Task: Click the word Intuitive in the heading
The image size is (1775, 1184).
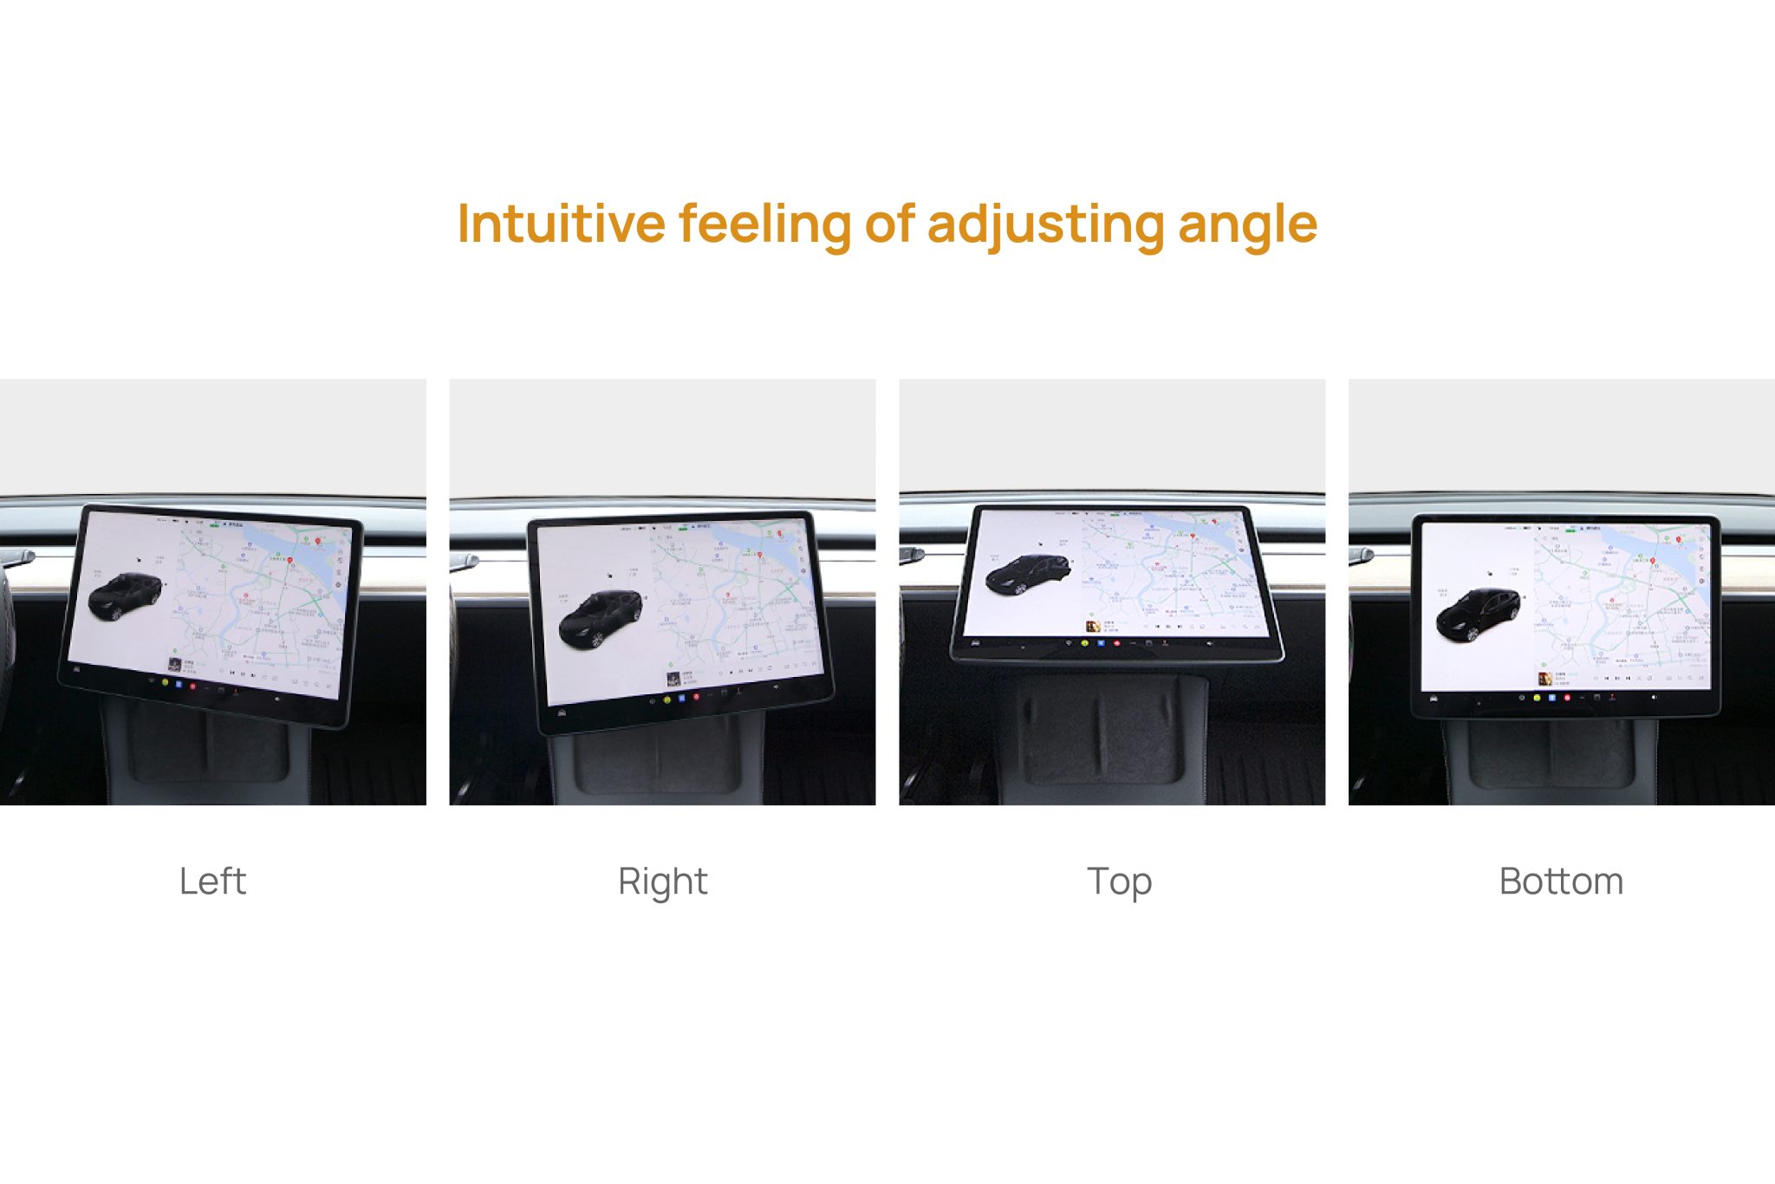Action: (x=561, y=224)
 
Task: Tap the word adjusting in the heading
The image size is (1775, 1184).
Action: (x=1046, y=225)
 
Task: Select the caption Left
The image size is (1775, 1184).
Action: (x=212, y=881)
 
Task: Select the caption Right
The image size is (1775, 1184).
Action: (x=663, y=881)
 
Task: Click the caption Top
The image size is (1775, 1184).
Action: (x=1119, y=881)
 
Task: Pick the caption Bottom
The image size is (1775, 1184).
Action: (x=1561, y=881)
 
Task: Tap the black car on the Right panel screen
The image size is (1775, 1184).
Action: (x=601, y=618)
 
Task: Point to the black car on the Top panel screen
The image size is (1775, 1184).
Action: (x=1029, y=573)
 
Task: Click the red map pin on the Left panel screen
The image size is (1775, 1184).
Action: (x=318, y=542)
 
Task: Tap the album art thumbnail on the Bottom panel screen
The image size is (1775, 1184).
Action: (x=1544, y=679)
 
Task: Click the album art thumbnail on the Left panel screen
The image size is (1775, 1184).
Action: (x=174, y=665)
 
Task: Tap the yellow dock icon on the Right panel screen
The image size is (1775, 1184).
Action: (x=666, y=699)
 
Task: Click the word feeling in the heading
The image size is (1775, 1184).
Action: (x=764, y=225)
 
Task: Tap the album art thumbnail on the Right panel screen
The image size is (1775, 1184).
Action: (x=673, y=679)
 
